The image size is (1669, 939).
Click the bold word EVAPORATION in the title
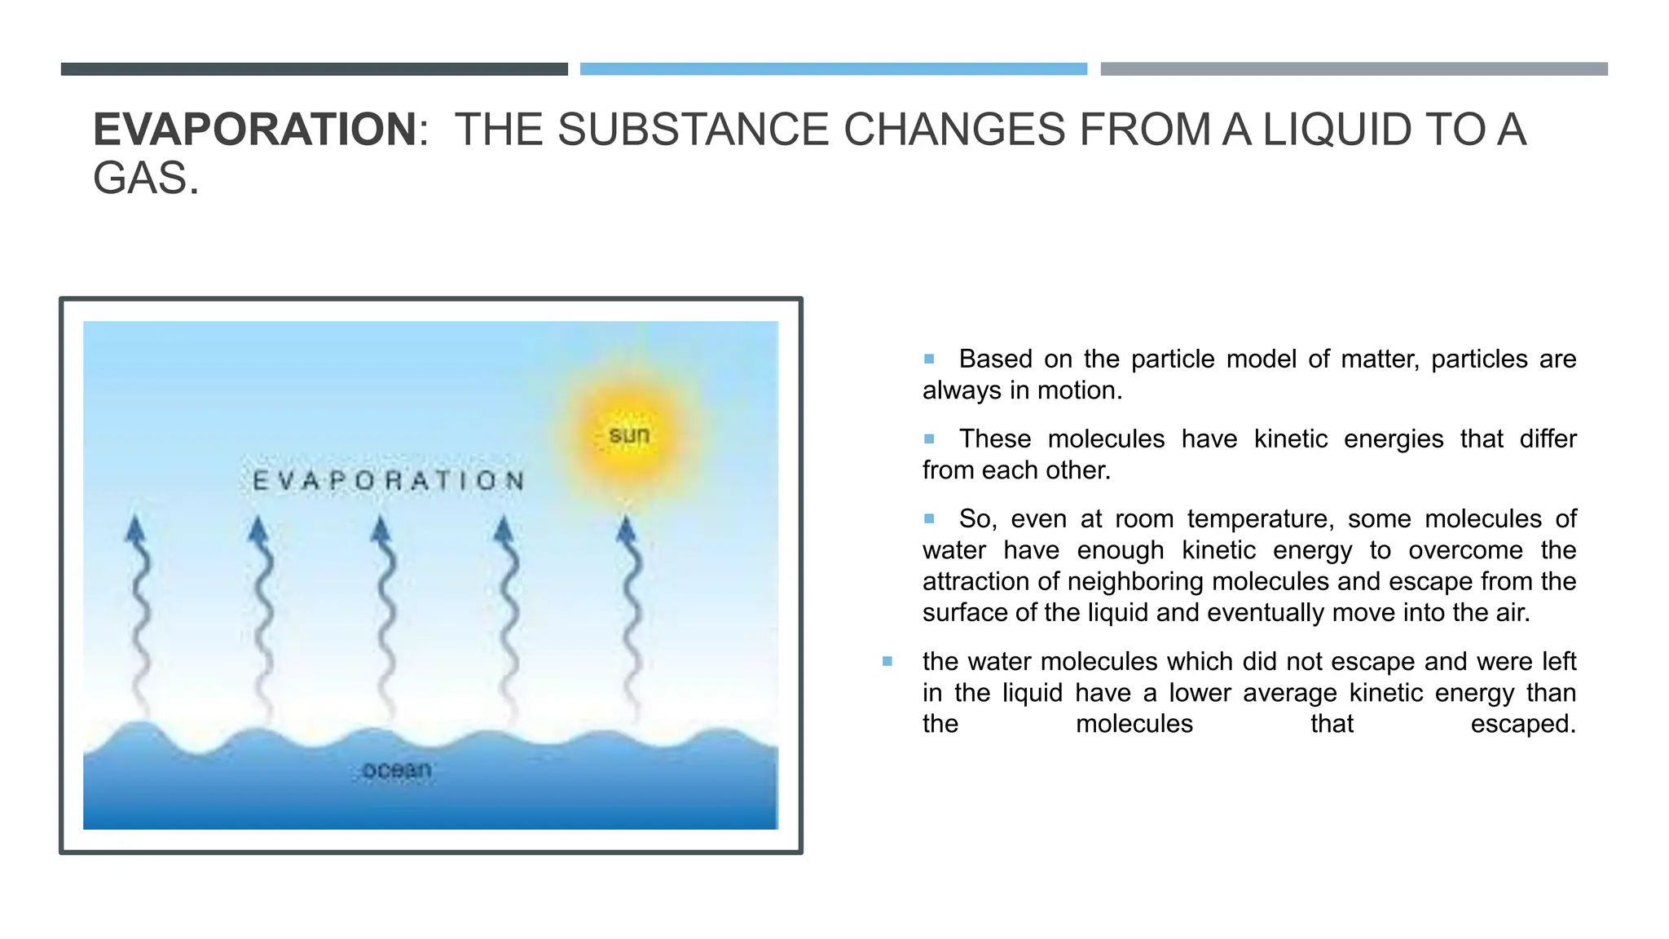click(255, 130)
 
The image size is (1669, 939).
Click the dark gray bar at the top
click(314, 69)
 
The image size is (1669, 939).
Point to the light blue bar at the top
click(833, 69)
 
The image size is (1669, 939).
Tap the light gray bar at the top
click(1354, 69)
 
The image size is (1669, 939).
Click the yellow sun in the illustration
click(629, 435)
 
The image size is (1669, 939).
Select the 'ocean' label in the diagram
click(397, 769)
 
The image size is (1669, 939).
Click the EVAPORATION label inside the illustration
click(389, 481)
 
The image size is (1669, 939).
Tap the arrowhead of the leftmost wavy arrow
click(135, 530)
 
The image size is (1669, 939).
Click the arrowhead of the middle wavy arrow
click(381, 530)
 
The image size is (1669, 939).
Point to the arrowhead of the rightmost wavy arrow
click(626, 530)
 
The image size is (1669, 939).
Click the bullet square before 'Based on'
click(929, 359)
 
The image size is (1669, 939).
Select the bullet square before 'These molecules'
click(929, 439)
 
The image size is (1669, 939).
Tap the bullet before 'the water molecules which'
click(887, 661)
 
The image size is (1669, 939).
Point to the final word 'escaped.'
click(1522, 724)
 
